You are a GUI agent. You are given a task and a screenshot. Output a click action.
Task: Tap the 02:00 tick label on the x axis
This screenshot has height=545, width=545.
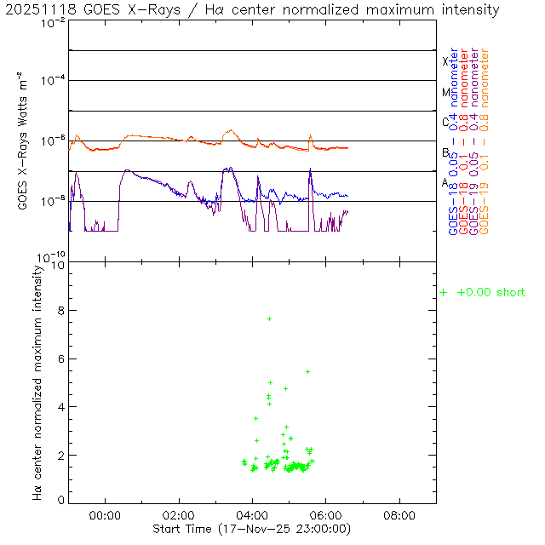179,515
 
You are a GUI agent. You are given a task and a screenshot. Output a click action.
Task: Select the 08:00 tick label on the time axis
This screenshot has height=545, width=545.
399,515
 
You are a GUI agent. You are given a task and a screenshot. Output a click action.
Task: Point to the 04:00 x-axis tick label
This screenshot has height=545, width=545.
253,515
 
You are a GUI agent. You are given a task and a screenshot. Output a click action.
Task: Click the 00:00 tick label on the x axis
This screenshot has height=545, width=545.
105,515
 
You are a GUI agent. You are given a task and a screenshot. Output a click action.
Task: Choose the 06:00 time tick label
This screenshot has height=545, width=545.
326,515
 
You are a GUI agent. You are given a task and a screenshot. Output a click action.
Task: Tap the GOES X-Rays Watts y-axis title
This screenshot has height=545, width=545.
24,141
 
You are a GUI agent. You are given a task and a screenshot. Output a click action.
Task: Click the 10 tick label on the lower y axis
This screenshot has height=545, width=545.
58,265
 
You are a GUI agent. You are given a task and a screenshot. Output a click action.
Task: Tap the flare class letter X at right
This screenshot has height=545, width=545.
445,61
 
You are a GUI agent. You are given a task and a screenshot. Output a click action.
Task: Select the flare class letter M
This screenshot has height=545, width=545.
445,92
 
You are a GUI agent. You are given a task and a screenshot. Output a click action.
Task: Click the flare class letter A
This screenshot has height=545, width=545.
445,183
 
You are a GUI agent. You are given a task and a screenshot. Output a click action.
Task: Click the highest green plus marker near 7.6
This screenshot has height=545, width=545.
269,318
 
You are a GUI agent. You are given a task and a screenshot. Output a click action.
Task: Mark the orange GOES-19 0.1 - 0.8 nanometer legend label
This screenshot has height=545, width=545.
485,141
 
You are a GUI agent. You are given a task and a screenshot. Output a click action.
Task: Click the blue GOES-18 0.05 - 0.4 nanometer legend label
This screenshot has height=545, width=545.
454,141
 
